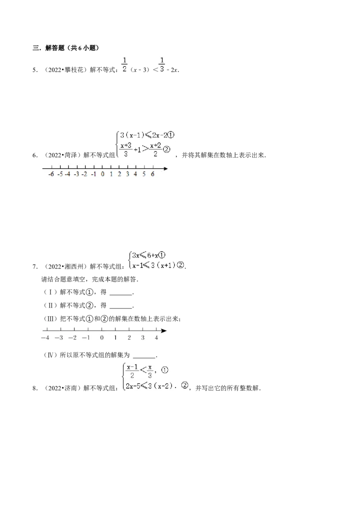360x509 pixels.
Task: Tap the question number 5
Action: (x=35, y=70)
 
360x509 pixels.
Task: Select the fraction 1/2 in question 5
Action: (x=125, y=65)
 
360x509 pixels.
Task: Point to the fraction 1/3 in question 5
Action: (x=162, y=65)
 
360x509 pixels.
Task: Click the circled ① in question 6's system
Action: (x=171, y=135)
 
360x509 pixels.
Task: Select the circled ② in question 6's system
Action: (x=166, y=149)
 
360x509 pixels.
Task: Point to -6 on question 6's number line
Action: (x=51, y=174)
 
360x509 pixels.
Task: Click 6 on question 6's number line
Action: (x=153, y=174)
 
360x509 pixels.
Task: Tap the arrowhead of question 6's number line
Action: (x=166, y=169)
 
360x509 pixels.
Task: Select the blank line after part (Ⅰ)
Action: (x=121, y=295)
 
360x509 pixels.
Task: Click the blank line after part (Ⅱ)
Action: (x=121, y=308)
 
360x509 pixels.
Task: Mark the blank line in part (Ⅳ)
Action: (x=144, y=357)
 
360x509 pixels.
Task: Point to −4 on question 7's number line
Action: (x=45, y=338)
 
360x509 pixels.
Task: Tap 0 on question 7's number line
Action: (x=102, y=338)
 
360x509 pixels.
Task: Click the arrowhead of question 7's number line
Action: (x=164, y=331)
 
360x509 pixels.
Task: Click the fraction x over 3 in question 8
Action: (x=150, y=371)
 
